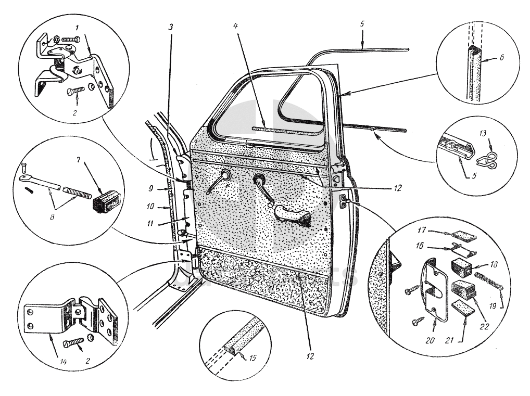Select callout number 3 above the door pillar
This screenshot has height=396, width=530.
(x=171, y=27)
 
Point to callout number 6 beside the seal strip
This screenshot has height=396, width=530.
(x=501, y=59)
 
